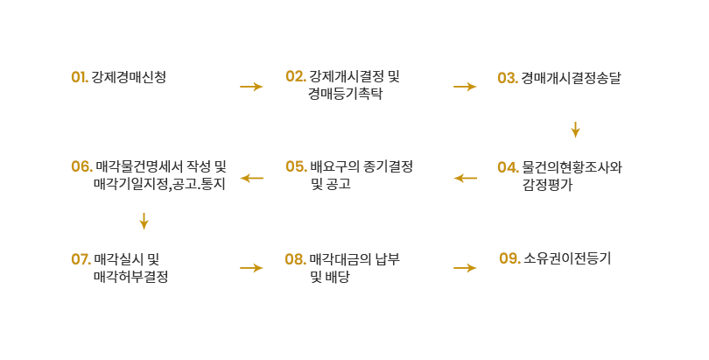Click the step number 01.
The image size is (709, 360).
coord(79,77)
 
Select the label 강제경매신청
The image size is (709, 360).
coord(129,77)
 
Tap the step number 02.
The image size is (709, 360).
coord(295,77)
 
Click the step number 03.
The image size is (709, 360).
coord(507,78)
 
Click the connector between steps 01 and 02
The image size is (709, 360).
coord(251,86)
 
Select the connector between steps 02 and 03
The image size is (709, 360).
coord(464,86)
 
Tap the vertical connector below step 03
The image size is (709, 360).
coord(576,131)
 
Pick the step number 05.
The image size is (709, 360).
coord(296,166)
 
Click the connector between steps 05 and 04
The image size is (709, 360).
coord(464,178)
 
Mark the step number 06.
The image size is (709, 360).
coord(81,166)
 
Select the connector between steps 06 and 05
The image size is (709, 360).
coord(251,178)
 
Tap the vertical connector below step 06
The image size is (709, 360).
coord(144,222)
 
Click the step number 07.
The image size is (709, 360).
coord(81,259)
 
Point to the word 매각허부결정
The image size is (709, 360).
coord(130,277)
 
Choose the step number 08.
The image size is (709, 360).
coord(295,259)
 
